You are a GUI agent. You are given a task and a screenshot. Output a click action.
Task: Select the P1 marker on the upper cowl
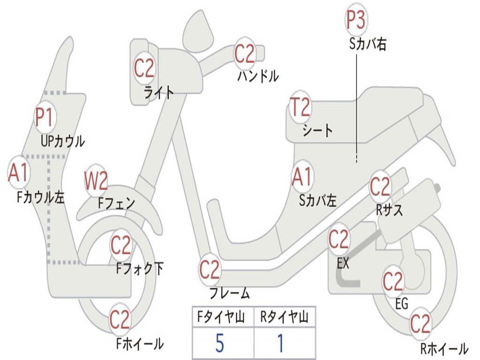pos(45,118)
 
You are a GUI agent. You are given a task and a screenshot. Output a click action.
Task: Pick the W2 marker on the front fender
pos(96,181)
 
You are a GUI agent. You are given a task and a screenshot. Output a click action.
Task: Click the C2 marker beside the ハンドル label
pos(245,54)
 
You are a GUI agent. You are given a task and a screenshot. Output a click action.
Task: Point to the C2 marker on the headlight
pos(144,68)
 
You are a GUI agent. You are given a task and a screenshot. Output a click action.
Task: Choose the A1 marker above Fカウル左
pos(19,172)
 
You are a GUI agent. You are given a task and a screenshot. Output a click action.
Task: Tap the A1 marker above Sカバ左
pos(302,177)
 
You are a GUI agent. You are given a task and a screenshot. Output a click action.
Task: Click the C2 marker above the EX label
pos(338,240)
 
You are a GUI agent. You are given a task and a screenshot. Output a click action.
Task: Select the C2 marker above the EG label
pos(393,281)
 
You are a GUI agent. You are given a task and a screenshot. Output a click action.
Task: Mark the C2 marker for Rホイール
pos(420,324)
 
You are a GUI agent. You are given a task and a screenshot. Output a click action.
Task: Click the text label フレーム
pos(230,294)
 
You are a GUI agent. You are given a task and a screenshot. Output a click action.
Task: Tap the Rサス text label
pos(389,210)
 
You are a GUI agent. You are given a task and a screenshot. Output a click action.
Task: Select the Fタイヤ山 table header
pos(221,318)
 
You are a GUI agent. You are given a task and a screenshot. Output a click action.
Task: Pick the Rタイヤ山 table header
pos(284,318)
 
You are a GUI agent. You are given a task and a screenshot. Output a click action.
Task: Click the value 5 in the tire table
pos(219,344)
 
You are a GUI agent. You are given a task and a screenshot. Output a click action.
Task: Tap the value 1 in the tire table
pos(280,344)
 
